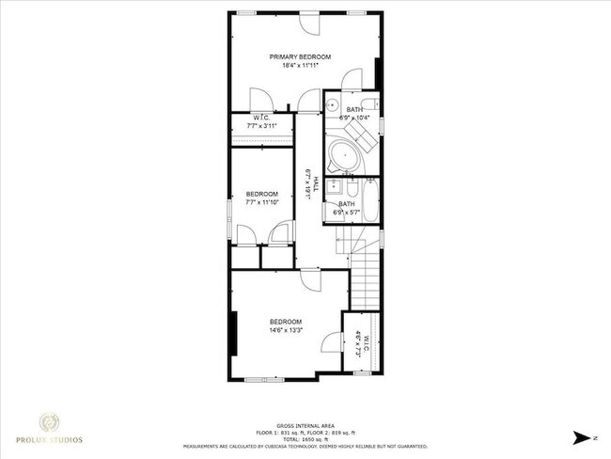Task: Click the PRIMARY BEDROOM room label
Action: point(300,56)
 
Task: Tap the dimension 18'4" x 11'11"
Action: point(300,66)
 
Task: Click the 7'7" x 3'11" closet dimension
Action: point(262,125)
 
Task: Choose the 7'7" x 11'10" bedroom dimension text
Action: point(262,201)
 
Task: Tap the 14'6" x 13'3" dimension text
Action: point(286,331)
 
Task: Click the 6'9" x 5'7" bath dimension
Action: point(347,213)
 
